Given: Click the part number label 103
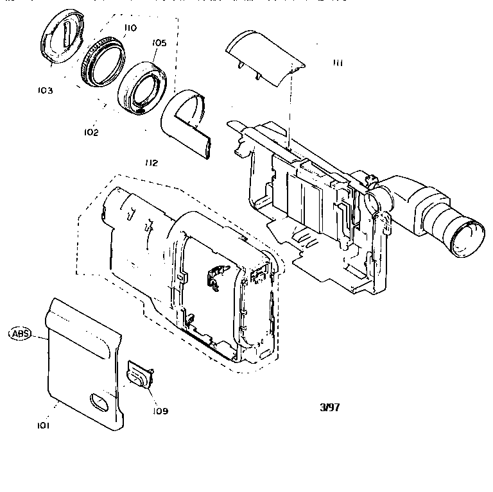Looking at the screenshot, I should [x=45, y=90].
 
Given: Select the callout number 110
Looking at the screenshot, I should [x=130, y=28].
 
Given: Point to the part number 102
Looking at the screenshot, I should [x=91, y=132].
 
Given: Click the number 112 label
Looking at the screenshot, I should [x=151, y=163].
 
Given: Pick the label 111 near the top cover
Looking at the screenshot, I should [x=338, y=62].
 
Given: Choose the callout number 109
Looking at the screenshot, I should [x=160, y=411].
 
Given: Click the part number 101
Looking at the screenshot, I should [x=44, y=425].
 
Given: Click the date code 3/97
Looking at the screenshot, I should [x=329, y=407].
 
